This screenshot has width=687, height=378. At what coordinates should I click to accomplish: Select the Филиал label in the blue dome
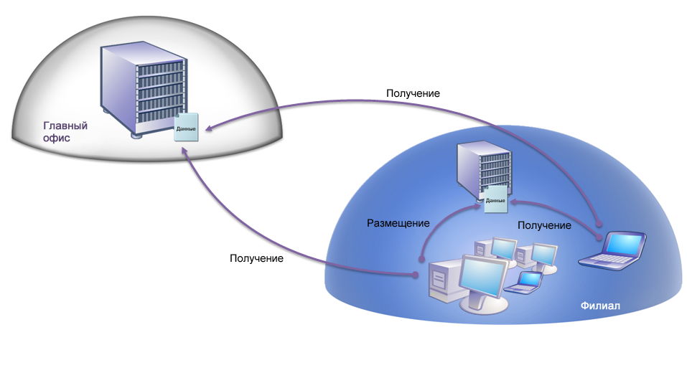tap(599, 306)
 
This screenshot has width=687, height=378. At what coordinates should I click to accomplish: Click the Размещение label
tap(398, 223)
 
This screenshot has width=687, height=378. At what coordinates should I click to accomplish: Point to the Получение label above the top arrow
tap(413, 93)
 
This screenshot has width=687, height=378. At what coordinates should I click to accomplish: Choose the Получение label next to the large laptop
tap(544, 225)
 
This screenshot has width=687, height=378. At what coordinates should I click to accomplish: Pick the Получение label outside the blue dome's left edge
tap(256, 257)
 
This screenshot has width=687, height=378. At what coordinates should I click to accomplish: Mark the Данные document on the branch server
tap(495, 198)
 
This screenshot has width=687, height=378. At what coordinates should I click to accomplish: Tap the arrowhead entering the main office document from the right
tap(208, 129)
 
